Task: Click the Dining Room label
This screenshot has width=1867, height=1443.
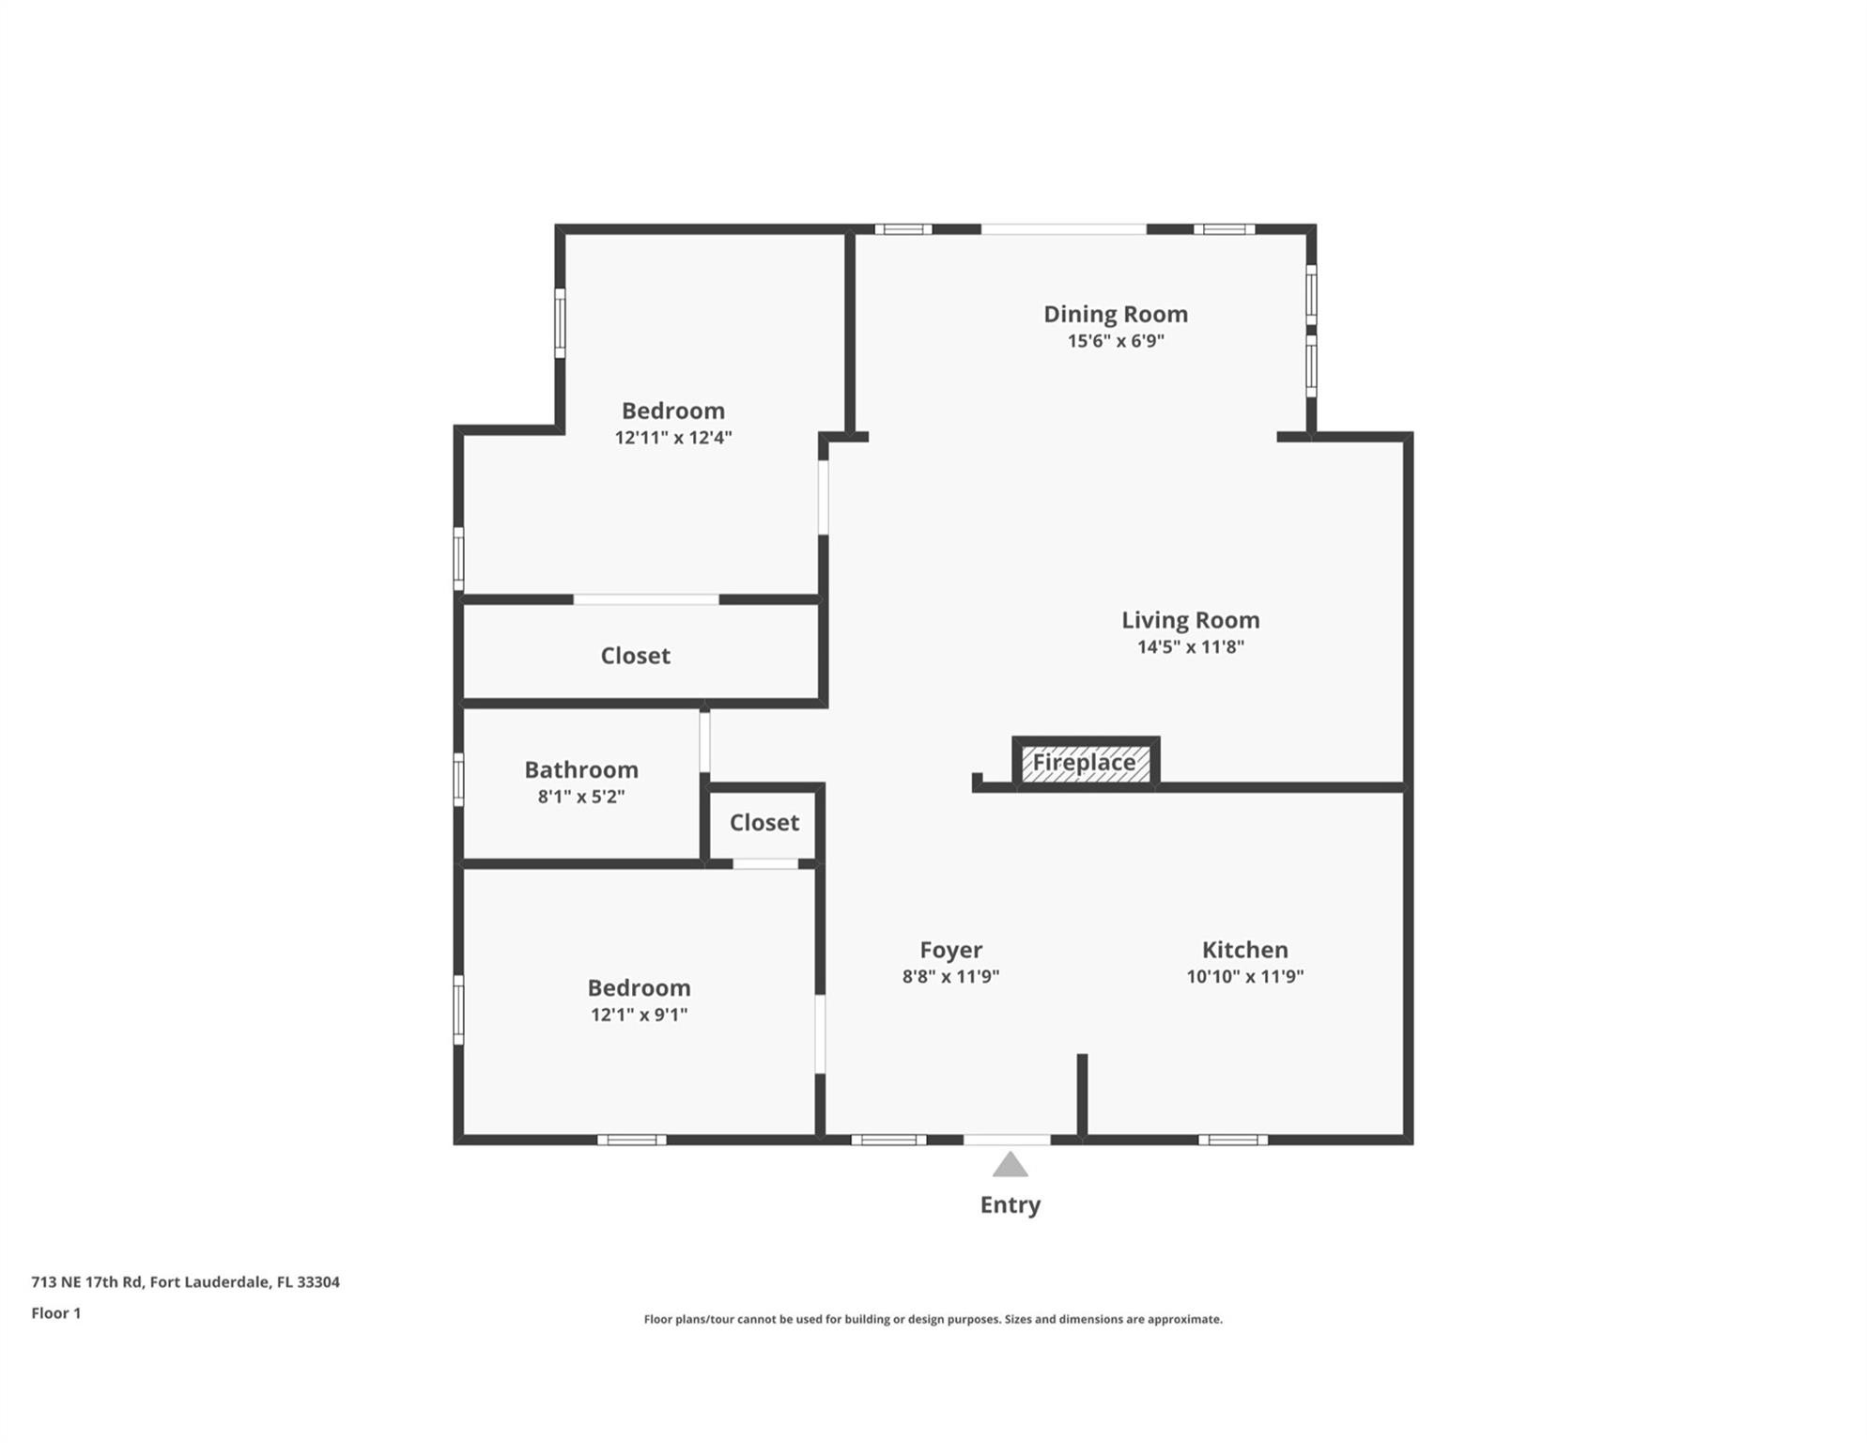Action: tap(1115, 314)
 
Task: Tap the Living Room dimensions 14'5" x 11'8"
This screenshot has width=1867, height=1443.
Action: tap(1190, 646)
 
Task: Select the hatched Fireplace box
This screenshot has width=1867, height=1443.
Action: tap(1085, 763)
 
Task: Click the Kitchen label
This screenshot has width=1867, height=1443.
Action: tap(1244, 950)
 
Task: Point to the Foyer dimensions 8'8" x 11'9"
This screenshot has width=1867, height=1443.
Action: tap(950, 976)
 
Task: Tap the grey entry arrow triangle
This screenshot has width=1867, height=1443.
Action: tap(1010, 1166)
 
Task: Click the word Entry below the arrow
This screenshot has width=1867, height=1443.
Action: tap(1010, 1204)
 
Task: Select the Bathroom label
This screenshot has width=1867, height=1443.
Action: tap(580, 769)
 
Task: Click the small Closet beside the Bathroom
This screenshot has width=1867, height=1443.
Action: tap(764, 823)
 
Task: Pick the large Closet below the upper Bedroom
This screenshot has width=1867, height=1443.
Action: tap(635, 656)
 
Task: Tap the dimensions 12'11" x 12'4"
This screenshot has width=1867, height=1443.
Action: tap(672, 438)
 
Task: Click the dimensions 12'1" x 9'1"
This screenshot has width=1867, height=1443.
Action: tap(639, 1015)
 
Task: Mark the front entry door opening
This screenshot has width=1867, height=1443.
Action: tap(1007, 1140)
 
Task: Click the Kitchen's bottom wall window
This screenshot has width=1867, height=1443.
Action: tap(1232, 1140)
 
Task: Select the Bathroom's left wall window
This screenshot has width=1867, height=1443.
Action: tap(458, 779)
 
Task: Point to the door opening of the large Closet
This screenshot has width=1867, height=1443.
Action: tap(646, 599)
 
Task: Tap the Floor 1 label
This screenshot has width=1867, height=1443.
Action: tap(56, 1312)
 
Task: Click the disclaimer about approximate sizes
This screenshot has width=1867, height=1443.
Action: tap(933, 1319)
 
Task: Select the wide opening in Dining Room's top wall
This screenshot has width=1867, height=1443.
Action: tap(1063, 229)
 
